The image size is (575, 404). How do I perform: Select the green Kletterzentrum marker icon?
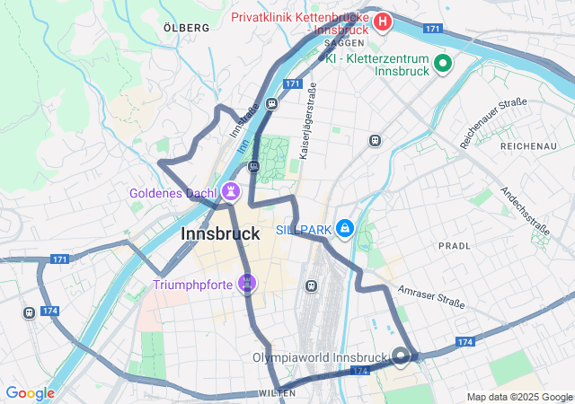442,64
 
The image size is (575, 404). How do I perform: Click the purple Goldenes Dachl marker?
232,191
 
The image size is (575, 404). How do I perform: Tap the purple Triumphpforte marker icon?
247,285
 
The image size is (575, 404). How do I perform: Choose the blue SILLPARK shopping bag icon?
344,230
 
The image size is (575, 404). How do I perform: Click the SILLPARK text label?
303,230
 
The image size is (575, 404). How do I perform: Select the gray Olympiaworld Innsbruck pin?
401,356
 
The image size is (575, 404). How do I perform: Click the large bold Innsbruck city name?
220,233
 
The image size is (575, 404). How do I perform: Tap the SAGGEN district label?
344,42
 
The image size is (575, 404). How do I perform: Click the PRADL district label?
454,245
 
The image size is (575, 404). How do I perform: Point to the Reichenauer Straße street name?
492,123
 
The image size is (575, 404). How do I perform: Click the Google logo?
30,393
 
